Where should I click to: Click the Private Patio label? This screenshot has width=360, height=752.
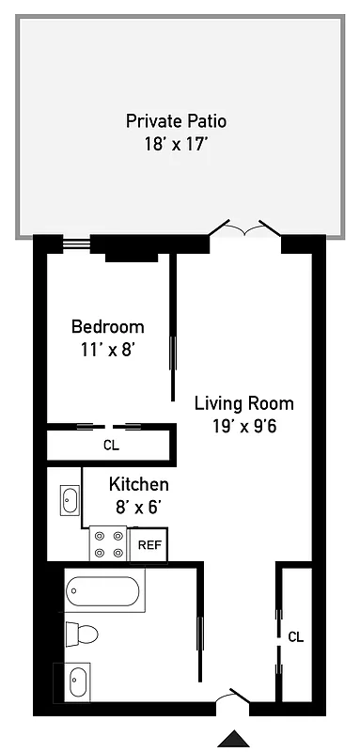pos(177,121)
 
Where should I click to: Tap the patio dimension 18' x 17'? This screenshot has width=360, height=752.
pos(177,145)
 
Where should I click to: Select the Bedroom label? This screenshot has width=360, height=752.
pos(108,327)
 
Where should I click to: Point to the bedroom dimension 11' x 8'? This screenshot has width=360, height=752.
pos(108,349)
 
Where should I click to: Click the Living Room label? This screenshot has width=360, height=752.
pos(243,403)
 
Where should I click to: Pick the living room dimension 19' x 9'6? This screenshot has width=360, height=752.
pos(243,426)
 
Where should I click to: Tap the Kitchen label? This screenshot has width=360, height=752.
pos(139,485)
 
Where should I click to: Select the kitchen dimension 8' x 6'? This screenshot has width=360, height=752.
pos(139,508)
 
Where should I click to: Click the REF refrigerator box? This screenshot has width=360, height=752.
pos(149,544)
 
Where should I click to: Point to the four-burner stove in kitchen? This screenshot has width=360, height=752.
pos(109,544)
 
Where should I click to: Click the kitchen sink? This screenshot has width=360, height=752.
pos(70,500)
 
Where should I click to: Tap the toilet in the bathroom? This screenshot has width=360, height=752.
pos(81,635)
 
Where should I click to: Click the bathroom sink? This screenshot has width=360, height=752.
pos(77,680)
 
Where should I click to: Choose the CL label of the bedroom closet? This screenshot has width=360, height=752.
pos(111,445)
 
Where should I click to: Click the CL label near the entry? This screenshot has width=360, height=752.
pos(296,636)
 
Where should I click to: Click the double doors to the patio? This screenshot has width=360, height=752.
pos(244,229)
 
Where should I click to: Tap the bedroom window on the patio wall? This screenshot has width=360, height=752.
pos(75,243)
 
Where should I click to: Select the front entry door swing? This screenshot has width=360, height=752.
pos(233,697)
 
